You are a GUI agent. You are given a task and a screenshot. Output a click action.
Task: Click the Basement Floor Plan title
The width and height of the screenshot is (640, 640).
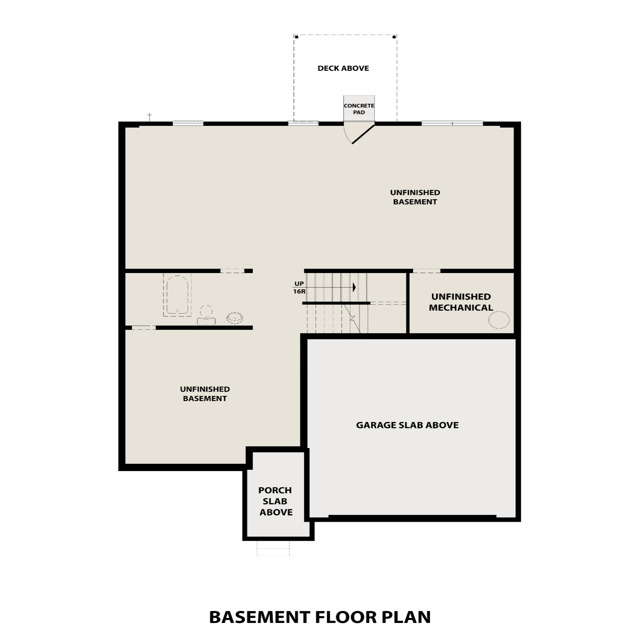pos(320,617)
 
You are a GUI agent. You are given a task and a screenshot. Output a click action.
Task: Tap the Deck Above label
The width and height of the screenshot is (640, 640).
pos(343,68)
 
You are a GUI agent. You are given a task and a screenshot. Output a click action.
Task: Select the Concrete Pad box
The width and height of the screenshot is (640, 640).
pos(359,108)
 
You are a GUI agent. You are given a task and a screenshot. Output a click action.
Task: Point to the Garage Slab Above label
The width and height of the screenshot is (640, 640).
pos(407,425)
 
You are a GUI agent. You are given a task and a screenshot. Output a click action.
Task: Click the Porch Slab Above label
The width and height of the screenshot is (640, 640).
pos(276,501)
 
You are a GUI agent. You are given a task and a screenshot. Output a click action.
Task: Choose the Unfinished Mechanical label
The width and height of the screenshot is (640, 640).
pos(461,302)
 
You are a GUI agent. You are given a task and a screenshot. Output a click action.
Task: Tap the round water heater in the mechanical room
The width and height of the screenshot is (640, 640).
pos(499,320)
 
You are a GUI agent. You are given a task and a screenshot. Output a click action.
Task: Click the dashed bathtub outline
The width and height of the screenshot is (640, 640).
pos(177,295)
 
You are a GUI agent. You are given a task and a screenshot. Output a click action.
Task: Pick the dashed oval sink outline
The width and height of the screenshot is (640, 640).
pos(235,317)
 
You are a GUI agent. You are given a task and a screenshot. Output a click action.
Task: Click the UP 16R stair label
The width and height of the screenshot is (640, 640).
pos(299,288)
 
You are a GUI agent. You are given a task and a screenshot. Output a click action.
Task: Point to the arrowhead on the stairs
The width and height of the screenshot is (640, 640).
pos(354,287)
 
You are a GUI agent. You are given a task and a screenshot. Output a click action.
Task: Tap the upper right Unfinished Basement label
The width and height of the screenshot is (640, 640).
pos(415,197)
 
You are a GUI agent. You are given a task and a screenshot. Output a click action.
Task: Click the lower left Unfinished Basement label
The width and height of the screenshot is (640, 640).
pos(205,394)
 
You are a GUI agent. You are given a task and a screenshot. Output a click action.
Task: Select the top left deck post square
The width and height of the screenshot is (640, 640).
pos(297,37)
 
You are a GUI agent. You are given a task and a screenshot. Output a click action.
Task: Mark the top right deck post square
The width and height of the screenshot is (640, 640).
pos(394,37)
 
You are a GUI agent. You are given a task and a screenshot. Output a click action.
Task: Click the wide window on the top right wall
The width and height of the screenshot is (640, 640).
pos(452,124)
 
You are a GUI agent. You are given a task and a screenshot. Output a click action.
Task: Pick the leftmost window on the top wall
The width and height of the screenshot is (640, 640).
pos(188,124)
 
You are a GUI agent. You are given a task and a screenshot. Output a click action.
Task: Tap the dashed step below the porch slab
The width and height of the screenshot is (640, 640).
pos(273,548)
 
